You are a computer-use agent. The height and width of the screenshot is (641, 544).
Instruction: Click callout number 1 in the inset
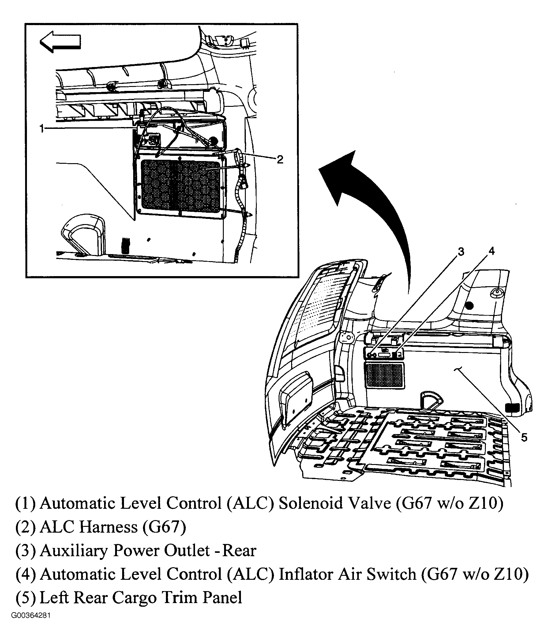click(42, 128)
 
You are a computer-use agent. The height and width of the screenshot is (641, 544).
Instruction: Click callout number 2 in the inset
click(280, 159)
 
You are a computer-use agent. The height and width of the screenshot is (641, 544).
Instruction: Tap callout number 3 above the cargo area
click(461, 252)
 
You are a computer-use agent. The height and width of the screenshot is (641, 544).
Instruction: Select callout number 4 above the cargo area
click(492, 251)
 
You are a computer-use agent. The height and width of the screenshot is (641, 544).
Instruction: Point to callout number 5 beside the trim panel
click(524, 437)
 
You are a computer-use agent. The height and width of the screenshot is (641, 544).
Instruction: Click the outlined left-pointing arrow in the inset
click(60, 41)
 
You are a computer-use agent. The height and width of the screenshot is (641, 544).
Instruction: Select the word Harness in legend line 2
click(108, 527)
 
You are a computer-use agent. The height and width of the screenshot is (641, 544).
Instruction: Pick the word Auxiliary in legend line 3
click(74, 550)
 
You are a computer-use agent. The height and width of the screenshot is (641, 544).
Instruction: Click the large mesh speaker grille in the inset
click(180, 187)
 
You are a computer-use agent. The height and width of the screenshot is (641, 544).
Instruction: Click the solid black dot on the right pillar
click(469, 306)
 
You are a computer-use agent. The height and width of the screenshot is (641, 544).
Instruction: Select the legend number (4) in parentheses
click(26, 574)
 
